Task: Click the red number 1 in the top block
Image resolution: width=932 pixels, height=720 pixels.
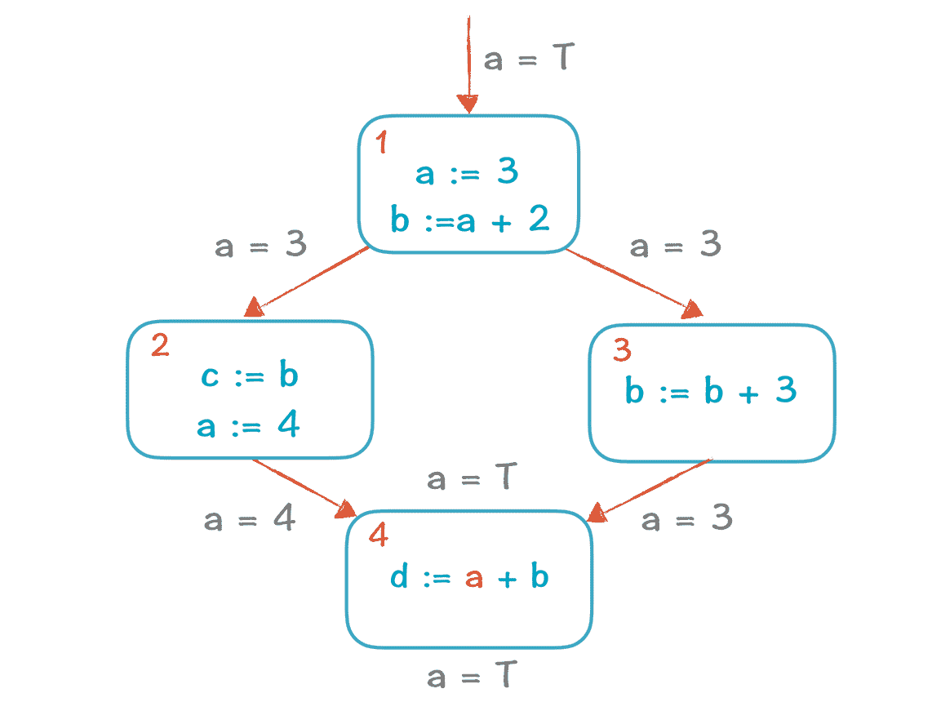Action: [x=381, y=144]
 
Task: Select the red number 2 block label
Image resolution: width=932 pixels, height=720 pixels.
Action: [x=160, y=345]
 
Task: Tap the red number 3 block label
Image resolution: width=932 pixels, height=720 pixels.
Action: [x=622, y=350]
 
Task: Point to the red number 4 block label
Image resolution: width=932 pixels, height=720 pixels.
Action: [x=378, y=536]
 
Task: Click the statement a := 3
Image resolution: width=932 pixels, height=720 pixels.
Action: [x=467, y=173]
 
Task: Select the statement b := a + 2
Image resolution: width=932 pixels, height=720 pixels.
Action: [x=469, y=220]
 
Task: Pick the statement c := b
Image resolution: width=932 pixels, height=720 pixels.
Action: [x=249, y=376]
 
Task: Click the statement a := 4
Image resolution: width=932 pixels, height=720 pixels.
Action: [x=248, y=425]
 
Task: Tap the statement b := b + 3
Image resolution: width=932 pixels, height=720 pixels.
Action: [x=711, y=392]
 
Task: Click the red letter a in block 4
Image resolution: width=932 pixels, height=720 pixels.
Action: [x=474, y=578]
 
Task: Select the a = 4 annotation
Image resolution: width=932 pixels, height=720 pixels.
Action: [x=249, y=520]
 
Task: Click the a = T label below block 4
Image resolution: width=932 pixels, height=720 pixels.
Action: [x=473, y=677]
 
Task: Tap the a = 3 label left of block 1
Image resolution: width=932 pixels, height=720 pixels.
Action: [x=260, y=245]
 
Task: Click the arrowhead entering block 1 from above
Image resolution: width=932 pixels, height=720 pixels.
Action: [x=468, y=104]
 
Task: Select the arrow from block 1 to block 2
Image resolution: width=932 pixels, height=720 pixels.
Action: [x=306, y=280]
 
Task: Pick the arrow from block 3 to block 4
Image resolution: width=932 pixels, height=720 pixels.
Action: [x=649, y=488]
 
